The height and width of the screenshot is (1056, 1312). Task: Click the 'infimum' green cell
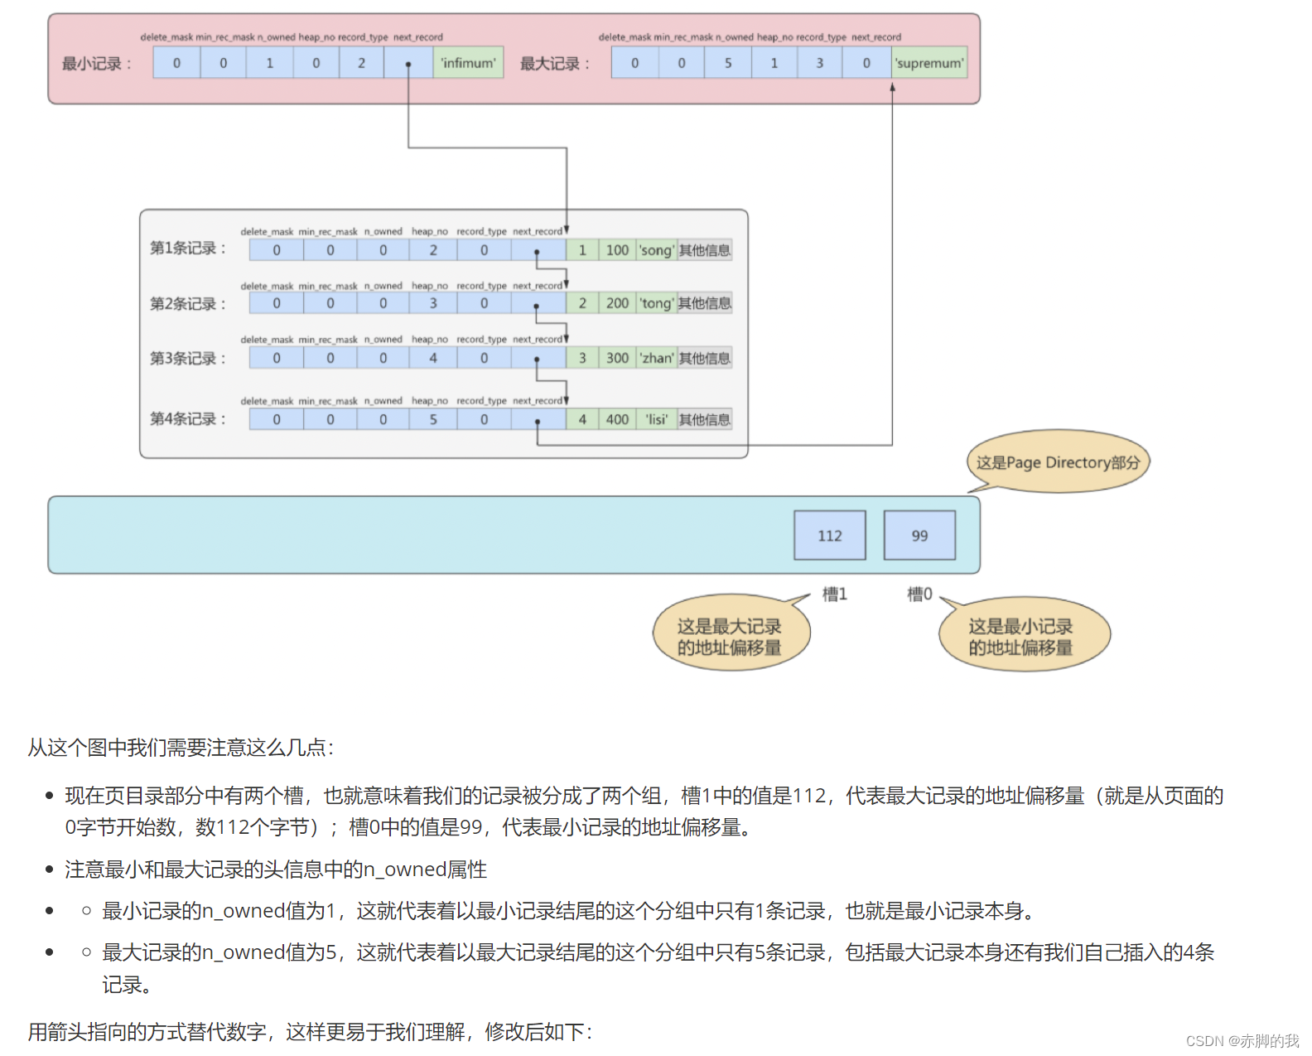click(x=468, y=63)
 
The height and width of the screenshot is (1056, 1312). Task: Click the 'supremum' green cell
click(x=929, y=63)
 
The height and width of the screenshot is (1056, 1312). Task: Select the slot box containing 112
click(x=829, y=535)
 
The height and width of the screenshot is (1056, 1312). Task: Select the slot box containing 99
click(x=919, y=535)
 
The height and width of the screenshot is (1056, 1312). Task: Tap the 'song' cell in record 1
click(x=656, y=250)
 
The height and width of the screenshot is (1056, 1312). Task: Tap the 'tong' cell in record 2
click(x=656, y=303)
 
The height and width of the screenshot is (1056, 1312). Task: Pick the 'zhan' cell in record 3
click(x=657, y=358)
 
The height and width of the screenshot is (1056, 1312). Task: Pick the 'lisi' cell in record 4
click(x=657, y=419)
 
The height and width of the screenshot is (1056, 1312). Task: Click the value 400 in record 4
click(x=617, y=419)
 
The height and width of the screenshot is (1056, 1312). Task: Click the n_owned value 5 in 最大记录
click(x=728, y=63)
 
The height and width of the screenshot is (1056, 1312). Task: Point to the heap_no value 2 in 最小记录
click(x=361, y=63)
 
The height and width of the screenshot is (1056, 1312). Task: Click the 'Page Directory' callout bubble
click(x=1058, y=463)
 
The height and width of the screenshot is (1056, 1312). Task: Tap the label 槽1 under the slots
click(x=834, y=594)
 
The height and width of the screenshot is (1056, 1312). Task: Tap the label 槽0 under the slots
click(x=919, y=594)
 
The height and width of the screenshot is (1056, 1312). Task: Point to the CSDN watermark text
click(x=1242, y=1040)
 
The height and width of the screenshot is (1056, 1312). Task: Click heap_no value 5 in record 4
click(x=432, y=419)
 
